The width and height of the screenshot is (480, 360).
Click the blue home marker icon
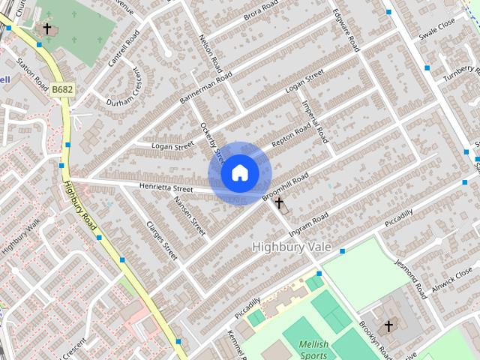coord(239,173)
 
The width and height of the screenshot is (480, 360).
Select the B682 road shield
coord(62,90)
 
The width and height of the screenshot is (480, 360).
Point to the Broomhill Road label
coord(286,187)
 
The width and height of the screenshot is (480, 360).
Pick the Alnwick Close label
coord(452,282)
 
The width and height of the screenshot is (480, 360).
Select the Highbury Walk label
coord(20,237)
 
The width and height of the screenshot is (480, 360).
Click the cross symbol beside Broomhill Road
coord(279,202)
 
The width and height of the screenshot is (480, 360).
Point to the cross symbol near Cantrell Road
coord(47,28)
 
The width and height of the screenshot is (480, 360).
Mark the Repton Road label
coord(291,134)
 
